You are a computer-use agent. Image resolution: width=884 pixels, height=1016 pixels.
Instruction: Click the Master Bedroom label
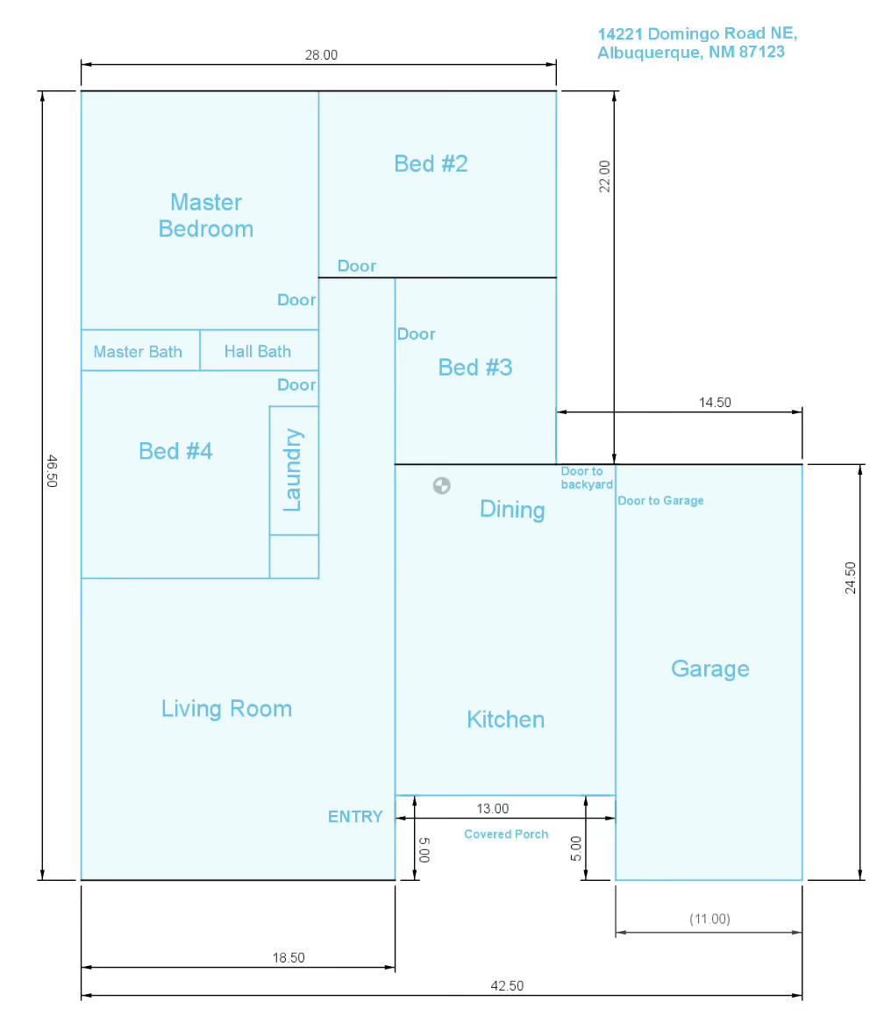(x=206, y=216)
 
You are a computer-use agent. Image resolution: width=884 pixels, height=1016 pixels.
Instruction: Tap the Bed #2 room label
(x=431, y=164)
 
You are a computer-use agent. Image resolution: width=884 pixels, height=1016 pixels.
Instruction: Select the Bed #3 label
(x=475, y=368)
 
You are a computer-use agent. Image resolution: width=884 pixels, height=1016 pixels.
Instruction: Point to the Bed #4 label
(x=175, y=451)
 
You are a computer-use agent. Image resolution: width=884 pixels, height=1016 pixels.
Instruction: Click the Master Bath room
(x=140, y=351)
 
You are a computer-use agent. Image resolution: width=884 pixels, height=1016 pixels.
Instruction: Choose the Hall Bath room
(x=259, y=351)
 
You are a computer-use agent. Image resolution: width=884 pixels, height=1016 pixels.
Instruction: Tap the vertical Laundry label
(x=293, y=469)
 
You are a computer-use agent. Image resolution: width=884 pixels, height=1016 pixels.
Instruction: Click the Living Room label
(x=226, y=709)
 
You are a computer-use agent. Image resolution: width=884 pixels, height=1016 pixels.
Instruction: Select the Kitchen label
(x=506, y=719)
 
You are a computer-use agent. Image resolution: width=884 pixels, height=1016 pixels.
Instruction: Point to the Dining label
(x=512, y=510)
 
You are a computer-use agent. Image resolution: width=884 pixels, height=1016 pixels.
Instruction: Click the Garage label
(x=710, y=669)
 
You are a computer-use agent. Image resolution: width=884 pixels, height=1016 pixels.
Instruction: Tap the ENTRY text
(x=355, y=817)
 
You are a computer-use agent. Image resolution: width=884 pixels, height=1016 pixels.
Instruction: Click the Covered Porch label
(x=506, y=834)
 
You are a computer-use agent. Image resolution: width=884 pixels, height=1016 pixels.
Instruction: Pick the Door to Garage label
(x=660, y=501)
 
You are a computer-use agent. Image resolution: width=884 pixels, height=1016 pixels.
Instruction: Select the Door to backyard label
(x=587, y=478)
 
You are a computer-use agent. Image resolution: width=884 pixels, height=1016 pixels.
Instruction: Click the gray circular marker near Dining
(x=442, y=485)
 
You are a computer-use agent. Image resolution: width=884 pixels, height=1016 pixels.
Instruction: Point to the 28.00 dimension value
(x=321, y=55)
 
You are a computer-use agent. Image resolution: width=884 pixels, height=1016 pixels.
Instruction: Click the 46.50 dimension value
(x=53, y=471)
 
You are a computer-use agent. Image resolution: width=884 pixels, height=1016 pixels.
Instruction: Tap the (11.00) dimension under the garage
(x=709, y=919)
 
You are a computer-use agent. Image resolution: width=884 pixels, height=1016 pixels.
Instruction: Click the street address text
(x=697, y=43)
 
